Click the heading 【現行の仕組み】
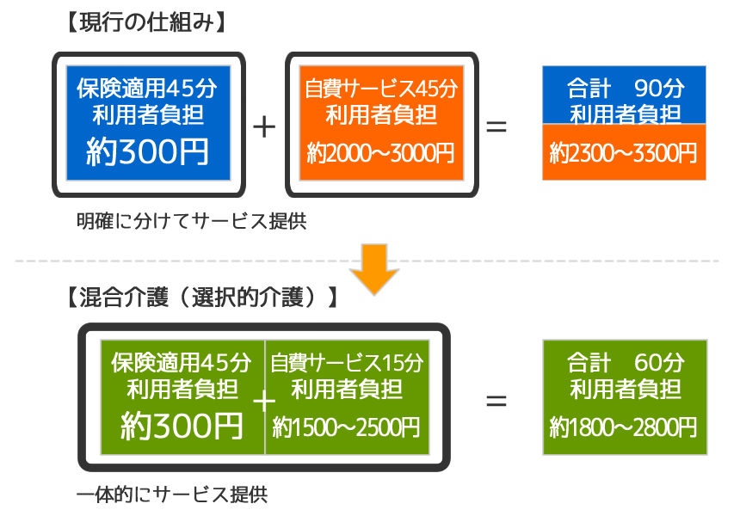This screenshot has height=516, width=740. (x=145, y=23)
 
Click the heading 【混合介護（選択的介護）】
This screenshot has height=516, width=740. (x=198, y=298)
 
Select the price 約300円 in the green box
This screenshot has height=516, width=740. (x=182, y=425)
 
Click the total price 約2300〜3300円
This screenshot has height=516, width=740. (x=624, y=152)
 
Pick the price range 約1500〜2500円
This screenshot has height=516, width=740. (x=346, y=425)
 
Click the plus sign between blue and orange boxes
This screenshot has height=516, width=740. (x=265, y=126)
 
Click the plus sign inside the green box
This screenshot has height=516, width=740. (x=265, y=401)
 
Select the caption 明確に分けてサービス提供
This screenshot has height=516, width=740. (x=191, y=221)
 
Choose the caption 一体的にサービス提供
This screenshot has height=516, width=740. (x=172, y=495)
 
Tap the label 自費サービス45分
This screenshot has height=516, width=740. (x=380, y=89)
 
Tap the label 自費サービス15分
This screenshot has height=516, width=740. (x=346, y=362)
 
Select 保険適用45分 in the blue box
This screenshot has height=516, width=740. (x=148, y=88)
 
